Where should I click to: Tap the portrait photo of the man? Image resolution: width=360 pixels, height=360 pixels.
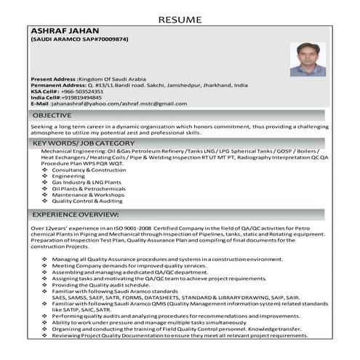point(308,59)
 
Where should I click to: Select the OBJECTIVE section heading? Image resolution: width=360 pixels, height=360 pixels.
point(52,115)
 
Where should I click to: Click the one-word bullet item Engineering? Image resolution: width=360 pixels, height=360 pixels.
point(79,176)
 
